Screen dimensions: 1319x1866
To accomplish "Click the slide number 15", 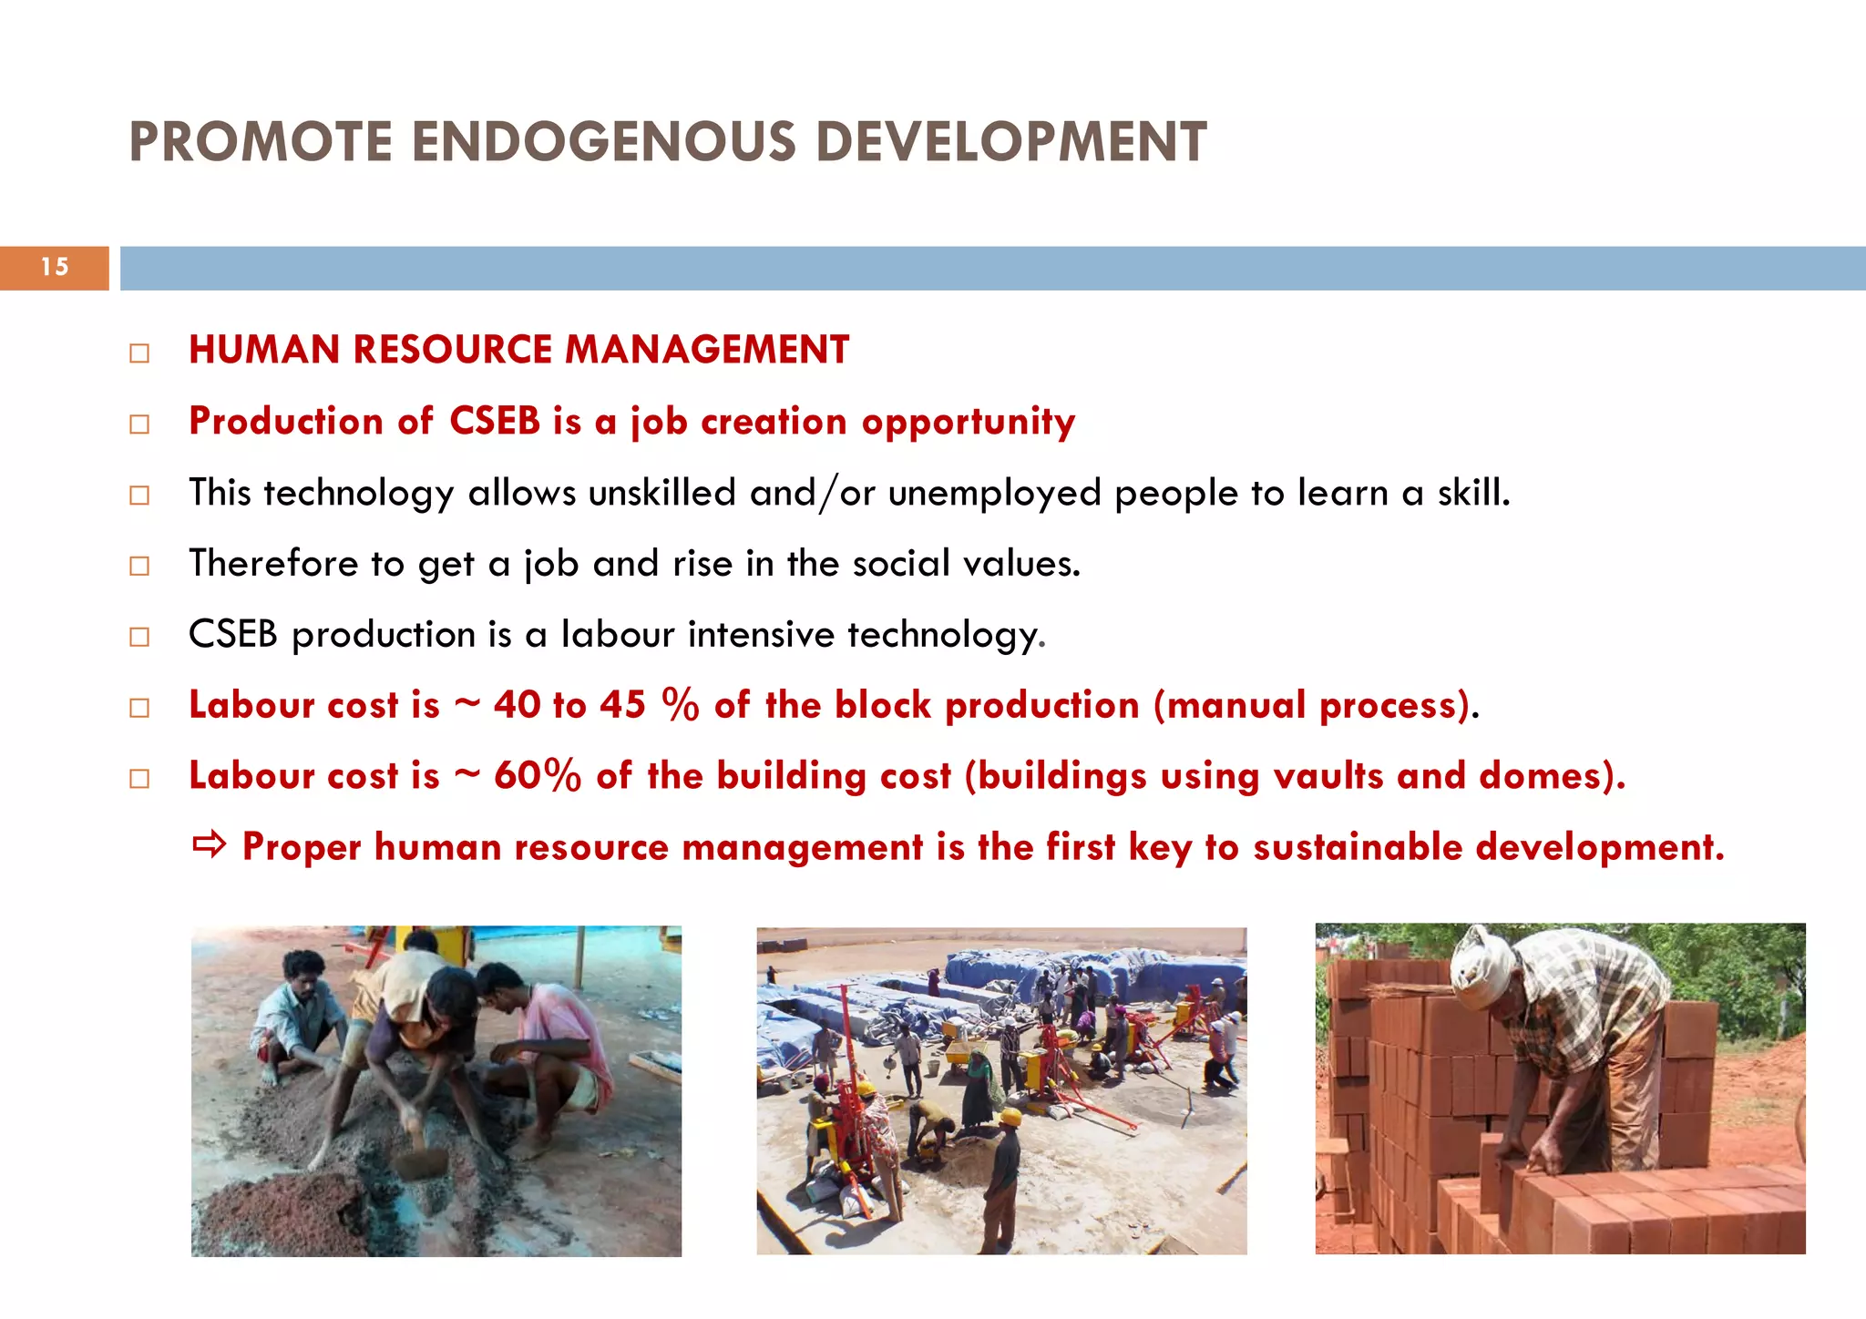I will [55, 267].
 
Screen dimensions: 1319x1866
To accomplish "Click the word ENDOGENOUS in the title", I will [603, 142].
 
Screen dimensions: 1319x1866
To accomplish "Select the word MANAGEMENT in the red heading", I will [706, 350].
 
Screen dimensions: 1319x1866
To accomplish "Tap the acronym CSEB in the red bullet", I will [495, 421].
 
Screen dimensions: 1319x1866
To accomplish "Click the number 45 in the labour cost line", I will [622, 705].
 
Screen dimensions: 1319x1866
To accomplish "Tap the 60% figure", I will [537, 776].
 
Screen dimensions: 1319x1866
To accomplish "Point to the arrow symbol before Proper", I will [209, 846].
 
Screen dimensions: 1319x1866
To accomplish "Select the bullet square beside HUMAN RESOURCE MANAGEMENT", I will [139, 353].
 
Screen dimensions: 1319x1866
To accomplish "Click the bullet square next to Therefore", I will [139, 566].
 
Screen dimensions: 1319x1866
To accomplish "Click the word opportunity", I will [968, 422].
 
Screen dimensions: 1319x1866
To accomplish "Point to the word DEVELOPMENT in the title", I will [1010, 142].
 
